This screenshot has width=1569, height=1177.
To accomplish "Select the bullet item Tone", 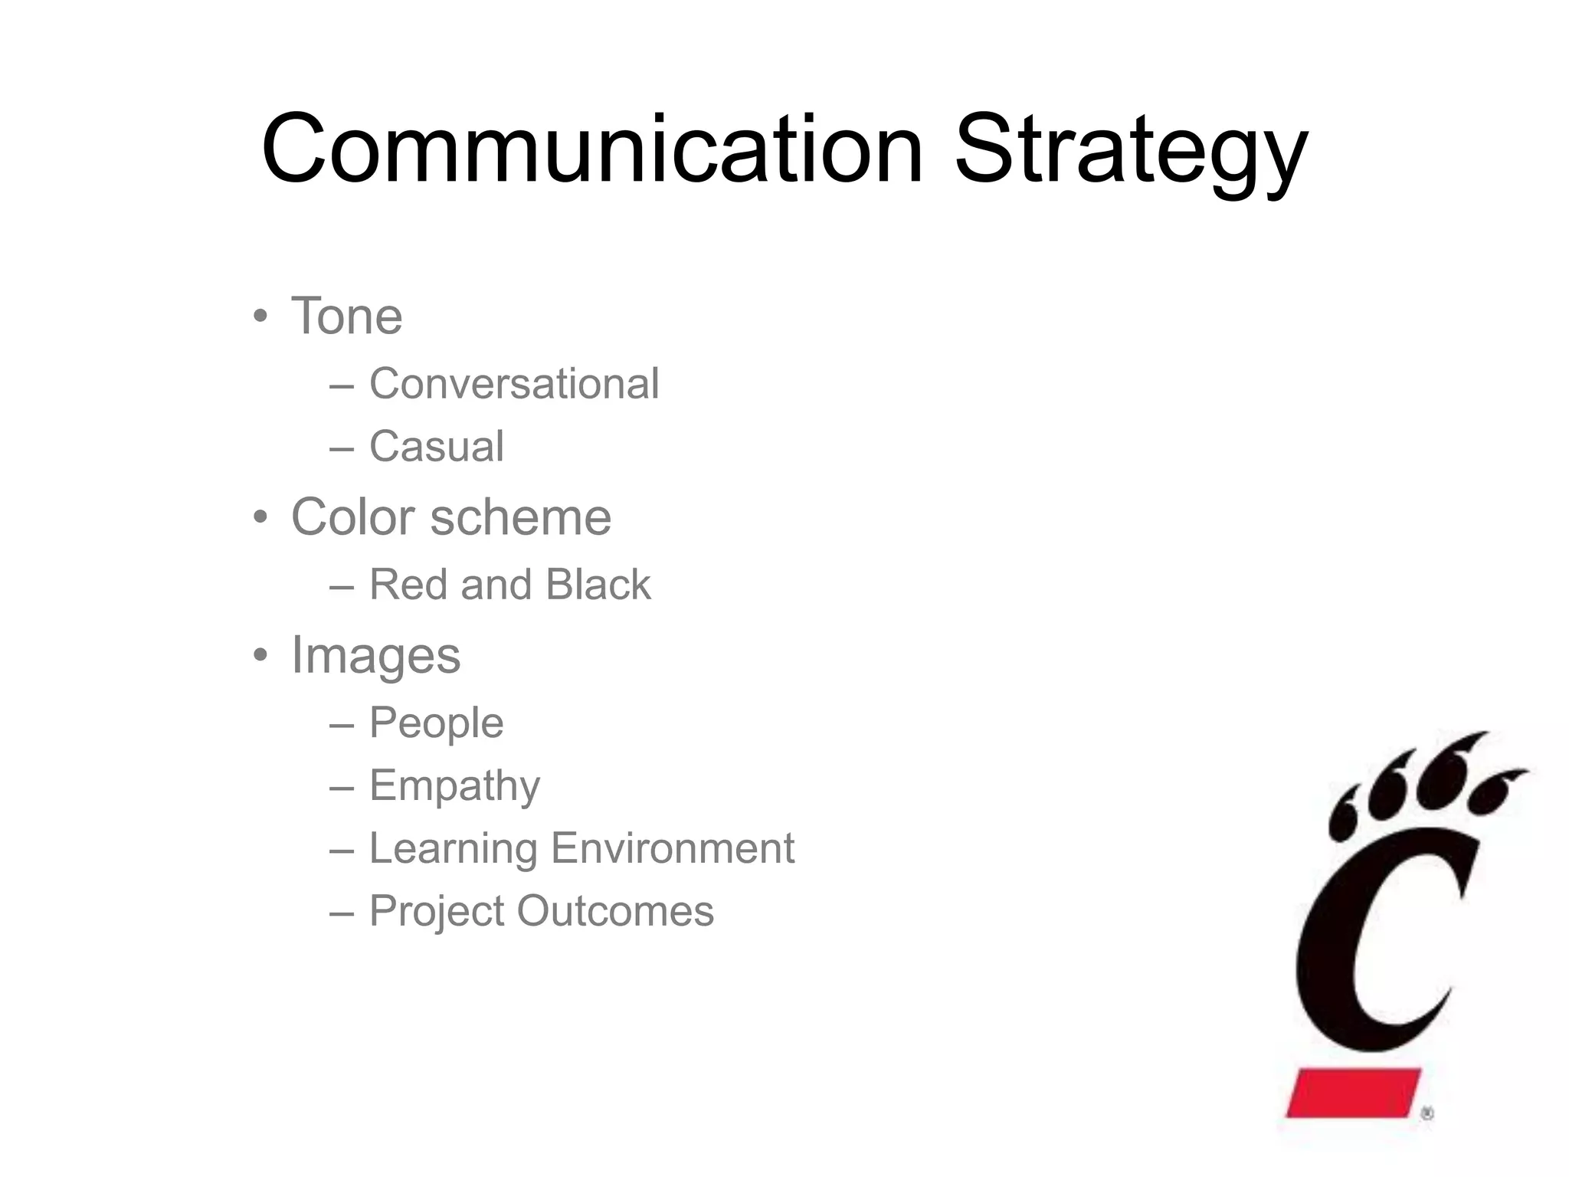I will (346, 316).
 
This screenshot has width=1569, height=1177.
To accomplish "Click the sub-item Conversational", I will (513, 383).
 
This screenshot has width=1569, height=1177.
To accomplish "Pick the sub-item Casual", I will (437, 446).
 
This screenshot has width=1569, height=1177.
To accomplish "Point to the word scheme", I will (521, 517).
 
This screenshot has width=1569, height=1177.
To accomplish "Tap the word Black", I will (598, 585).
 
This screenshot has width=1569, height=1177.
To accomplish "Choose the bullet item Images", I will (375, 656).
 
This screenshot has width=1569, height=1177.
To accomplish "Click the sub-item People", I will (437, 723).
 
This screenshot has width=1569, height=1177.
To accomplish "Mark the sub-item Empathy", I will (454, 786).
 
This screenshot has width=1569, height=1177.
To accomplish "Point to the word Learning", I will (453, 849).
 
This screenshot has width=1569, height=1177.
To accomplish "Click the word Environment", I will (672, 848).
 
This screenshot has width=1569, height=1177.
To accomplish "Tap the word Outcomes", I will (614, 911).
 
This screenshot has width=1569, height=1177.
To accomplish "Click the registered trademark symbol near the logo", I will (1427, 1114).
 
